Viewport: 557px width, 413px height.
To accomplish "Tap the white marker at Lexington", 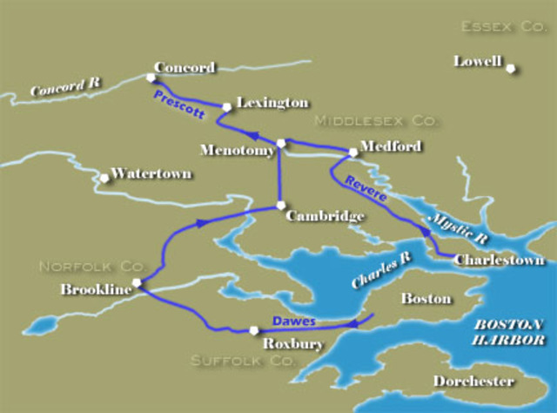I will pyautogui.click(x=227, y=107).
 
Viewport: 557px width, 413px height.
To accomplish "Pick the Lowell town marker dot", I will pyautogui.click(x=512, y=69).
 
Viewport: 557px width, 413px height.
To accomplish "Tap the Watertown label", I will pyautogui.click(x=151, y=173).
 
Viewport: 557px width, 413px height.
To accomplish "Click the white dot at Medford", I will pyautogui.click(x=353, y=152).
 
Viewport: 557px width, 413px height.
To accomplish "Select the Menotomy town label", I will pyautogui.click(x=237, y=150).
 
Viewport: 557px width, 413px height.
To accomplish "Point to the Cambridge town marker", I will pyautogui.click(x=280, y=206).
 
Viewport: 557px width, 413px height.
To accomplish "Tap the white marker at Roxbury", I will pyautogui.click(x=253, y=330).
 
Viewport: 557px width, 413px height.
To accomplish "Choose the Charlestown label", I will pyautogui.click(x=499, y=260).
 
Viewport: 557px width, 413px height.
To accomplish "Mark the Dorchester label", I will pyautogui.click(x=473, y=382).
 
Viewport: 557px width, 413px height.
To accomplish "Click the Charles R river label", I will pyautogui.click(x=373, y=272).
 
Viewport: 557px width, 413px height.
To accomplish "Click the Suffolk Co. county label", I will pyautogui.click(x=232, y=360).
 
